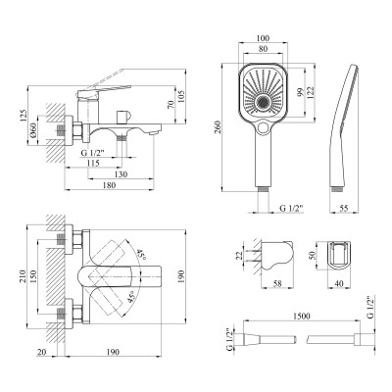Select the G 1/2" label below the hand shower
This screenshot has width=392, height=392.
click(x=290, y=207)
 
